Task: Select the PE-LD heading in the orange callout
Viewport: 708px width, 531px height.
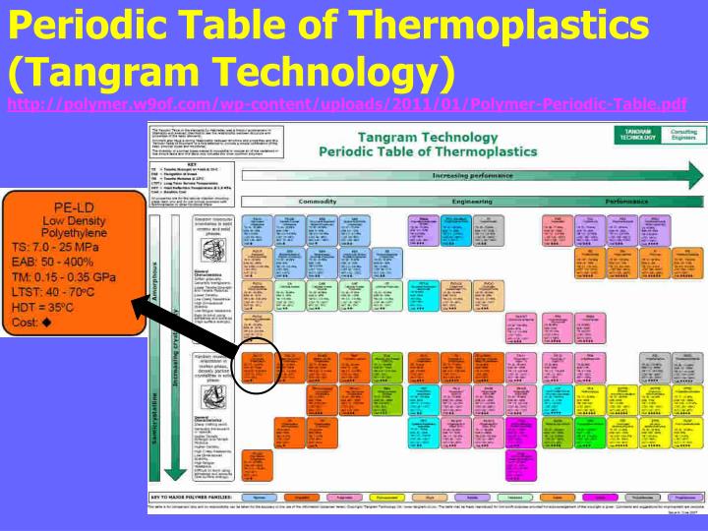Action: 72,207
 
